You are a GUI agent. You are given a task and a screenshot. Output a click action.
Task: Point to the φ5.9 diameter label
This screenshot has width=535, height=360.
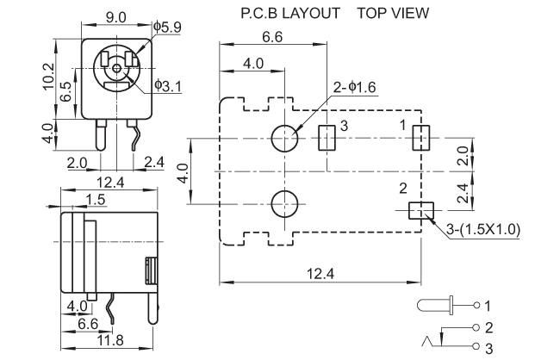[166, 28]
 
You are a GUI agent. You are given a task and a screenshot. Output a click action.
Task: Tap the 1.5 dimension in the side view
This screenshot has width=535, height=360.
[96, 200]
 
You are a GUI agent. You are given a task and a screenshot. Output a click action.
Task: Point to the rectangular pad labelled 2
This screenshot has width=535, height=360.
[420, 211]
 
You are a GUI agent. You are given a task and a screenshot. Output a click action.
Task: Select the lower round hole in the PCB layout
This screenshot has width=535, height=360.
[284, 204]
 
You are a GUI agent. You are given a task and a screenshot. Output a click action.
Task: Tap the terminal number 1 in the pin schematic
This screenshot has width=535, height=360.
[487, 306]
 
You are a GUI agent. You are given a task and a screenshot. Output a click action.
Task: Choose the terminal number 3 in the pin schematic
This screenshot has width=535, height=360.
[487, 348]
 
